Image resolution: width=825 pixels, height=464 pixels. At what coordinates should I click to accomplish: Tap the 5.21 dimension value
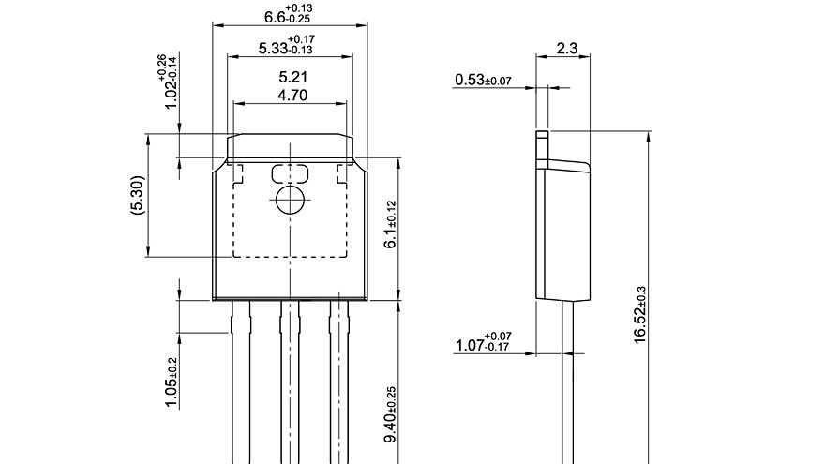tap(292, 77)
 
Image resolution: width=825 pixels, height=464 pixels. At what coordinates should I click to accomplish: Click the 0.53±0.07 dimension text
tap(483, 81)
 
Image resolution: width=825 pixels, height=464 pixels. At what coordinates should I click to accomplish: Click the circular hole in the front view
tap(290, 199)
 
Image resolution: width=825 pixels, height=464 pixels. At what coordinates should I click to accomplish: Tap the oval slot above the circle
tap(290, 173)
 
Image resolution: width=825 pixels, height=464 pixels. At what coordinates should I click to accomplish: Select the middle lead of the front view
tap(291, 384)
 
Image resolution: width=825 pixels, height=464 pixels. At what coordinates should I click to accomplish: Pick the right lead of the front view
tap(338, 384)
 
